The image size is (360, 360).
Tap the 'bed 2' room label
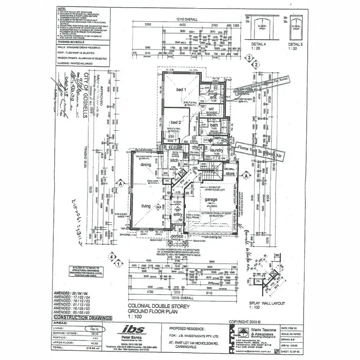click(175, 121)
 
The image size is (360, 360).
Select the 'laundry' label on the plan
click(216, 151)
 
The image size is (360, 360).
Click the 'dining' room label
click(145, 165)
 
